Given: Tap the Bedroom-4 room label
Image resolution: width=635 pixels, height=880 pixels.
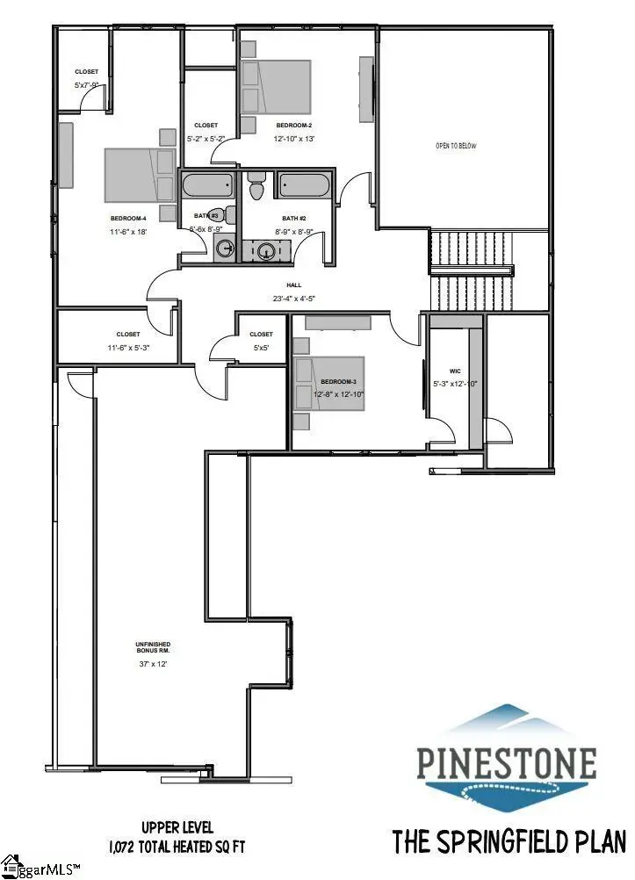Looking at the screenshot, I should tap(127, 218).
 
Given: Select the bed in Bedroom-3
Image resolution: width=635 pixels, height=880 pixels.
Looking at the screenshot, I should tap(328, 383).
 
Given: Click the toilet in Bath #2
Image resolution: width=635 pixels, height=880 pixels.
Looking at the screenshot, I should tap(256, 187).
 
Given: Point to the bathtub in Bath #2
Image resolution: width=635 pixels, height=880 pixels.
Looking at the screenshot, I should tap(304, 185).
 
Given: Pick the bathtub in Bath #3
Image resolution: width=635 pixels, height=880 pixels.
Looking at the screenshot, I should tap(207, 185).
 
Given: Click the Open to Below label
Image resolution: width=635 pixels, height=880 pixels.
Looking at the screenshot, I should tap(456, 146).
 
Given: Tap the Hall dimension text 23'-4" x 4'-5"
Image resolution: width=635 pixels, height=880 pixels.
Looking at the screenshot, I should tap(294, 299).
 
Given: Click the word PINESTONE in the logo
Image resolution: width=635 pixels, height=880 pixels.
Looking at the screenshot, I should tap(507, 764).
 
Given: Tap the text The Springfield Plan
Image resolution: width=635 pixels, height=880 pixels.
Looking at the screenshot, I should tap(509, 841).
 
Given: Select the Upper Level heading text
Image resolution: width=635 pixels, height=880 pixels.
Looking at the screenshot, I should tap(177, 827).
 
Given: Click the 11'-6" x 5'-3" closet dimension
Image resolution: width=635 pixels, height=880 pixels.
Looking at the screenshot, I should tap(128, 348).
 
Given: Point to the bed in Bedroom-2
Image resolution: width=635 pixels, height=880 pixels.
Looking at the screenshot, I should tap(276, 86).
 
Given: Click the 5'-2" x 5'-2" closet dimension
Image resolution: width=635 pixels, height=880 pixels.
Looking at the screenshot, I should tap(206, 139).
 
